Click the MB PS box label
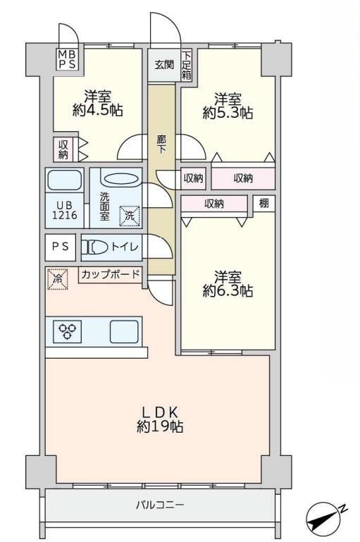point(67,59)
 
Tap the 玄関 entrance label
point(164,65)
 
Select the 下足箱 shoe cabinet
point(187,66)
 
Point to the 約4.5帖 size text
point(97,110)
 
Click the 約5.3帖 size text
point(228,113)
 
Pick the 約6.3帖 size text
point(228,291)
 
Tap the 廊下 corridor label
point(161,144)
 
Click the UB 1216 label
point(65,210)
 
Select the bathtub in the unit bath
point(64,180)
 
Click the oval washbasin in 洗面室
point(121,179)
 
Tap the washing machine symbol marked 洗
point(130,216)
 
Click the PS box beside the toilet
point(61,247)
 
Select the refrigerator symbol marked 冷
point(57,279)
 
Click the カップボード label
point(111,274)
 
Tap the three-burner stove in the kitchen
point(67,331)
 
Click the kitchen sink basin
point(124,331)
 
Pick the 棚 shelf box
point(264,203)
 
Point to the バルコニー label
point(160,505)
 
